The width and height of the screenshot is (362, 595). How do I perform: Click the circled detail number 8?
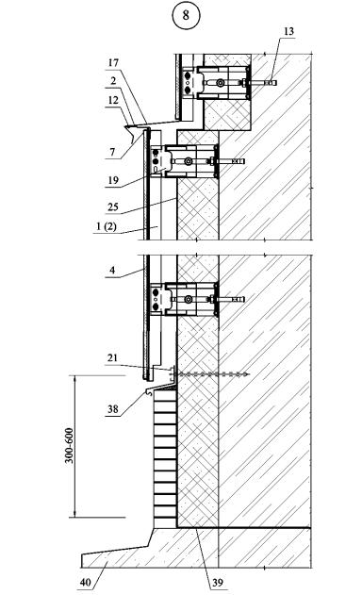pyautogui.click(x=186, y=15)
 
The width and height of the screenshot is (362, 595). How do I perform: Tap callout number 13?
pyautogui.click(x=288, y=31)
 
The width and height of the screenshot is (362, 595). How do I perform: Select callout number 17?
pyautogui.click(x=113, y=62)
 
